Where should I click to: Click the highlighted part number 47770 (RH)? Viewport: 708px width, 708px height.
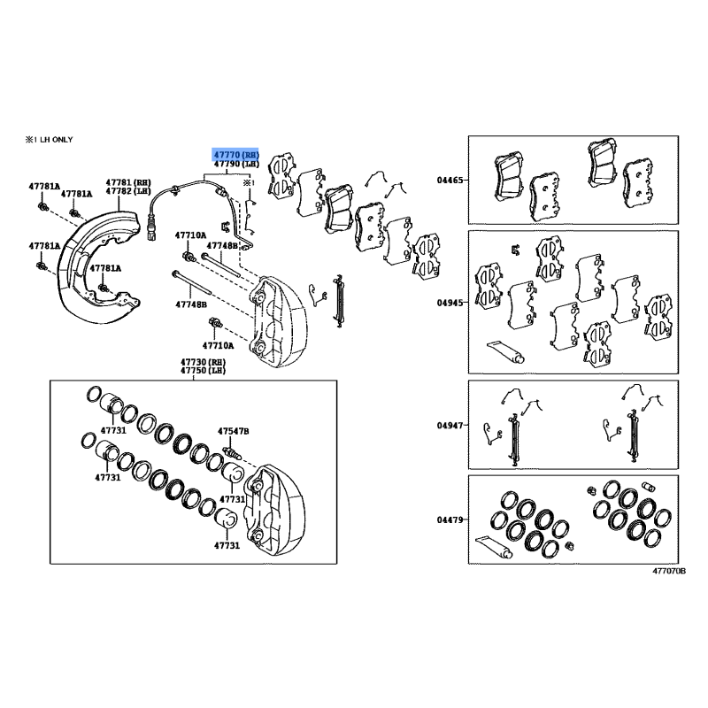coord(236,155)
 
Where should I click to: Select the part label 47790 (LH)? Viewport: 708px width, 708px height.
coord(236,164)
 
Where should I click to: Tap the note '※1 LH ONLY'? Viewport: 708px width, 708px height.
coord(49,140)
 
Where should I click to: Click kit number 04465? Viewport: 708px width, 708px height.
coord(450,181)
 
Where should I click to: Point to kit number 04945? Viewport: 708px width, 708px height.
coord(450,303)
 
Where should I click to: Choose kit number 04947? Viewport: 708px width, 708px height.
coord(450,426)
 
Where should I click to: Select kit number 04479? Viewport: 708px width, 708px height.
coord(450,519)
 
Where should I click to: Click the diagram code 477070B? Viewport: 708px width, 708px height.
coord(669,571)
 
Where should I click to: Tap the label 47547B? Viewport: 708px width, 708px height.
coord(233,431)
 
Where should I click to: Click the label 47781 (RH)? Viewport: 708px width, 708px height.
coord(128,182)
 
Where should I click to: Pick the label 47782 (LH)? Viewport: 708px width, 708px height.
coord(128,191)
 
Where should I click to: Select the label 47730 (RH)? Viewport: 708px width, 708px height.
coord(203,362)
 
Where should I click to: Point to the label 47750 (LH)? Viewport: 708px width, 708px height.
coord(203,371)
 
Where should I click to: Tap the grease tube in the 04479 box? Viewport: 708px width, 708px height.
coord(495,547)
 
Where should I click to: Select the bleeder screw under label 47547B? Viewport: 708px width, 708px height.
coord(233,452)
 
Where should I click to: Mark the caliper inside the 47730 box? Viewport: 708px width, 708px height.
coord(274,510)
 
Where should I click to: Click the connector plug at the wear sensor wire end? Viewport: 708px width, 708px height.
coord(151,230)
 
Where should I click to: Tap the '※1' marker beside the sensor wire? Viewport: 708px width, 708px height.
coord(250,183)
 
